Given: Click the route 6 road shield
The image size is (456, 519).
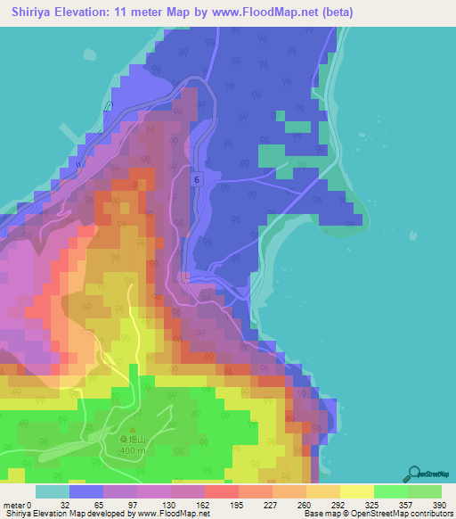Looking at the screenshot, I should click(x=196, y=179).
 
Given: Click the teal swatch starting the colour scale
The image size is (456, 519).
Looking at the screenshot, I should click(x=52, y=491).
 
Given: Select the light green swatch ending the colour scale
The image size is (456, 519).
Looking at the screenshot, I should click(x=425, y=491).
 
